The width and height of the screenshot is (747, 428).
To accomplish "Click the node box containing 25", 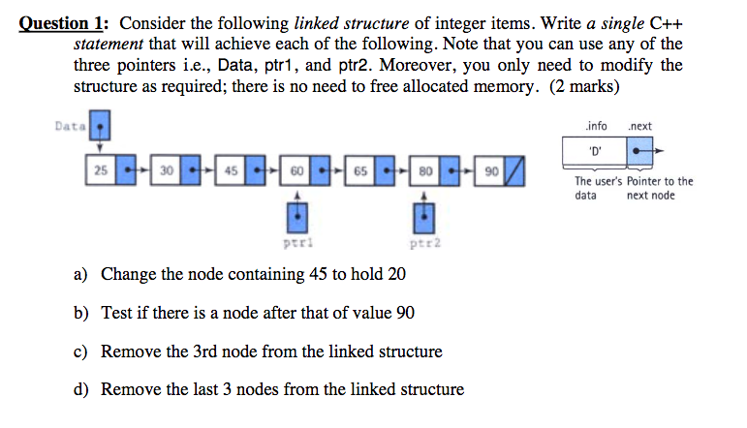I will pyautogui.click(x=101, y=170).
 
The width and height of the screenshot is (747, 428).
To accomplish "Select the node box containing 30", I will pyautogui.click(x=166, y=170).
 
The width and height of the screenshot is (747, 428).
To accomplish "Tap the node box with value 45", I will pyautogui.click(x=231, y=170).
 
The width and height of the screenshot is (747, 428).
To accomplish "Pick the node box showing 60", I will pyautogui.click(x=295, y=170).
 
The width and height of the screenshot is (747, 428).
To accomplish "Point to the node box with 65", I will pyautogui.click(x=359, y=170).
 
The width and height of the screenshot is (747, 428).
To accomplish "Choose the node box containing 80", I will pyautogui.click(x=424, y=170).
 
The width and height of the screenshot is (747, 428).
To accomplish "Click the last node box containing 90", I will pyautogui.click(x=490, y=170).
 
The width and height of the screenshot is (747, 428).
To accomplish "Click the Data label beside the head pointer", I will pyautogui.click(x=70, y=126).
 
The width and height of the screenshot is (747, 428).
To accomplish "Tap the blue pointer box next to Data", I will pyautogui.click(x=101, y=126).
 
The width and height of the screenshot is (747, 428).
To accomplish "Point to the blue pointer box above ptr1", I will pyautogui.click(x=295, y=215).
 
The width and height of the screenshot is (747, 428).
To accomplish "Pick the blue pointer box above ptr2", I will pyautogui.click(x=424, y=215).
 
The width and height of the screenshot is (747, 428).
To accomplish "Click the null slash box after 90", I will pyautogui.click(x=516, y=170).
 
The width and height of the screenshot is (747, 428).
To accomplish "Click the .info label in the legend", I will pyautogui.click(x=596, y=126).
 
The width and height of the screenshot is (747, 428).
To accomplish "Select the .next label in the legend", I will pyautogui.click(x=639, y=126).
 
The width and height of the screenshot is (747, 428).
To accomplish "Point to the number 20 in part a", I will pyautogui.click(x=396, y=274).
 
